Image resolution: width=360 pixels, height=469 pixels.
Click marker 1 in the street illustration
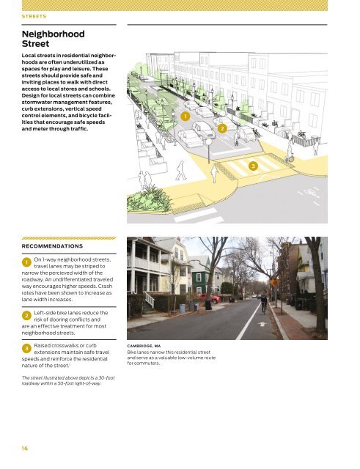[186, 117]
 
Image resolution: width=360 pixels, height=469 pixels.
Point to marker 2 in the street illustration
[222, 129]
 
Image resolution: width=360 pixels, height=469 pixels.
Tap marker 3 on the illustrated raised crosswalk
[253, 166]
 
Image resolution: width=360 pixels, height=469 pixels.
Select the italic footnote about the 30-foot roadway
[60, 380]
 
